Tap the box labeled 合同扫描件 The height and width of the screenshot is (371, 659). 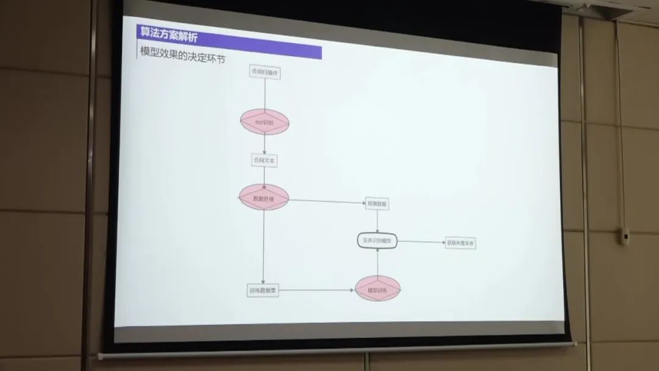click(265, 73)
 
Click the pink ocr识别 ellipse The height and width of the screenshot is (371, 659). click(264, 122)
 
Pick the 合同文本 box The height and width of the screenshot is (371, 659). click(264, 160)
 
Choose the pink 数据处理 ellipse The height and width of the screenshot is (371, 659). click(264, 198)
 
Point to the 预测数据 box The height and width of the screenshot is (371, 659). click(376, 204)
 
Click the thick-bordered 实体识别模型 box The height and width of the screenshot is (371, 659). click(376, 242)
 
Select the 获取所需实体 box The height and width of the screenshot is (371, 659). click(461, 243)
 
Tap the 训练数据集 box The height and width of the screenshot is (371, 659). click(263, 290)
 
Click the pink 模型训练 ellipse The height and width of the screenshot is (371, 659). click(378, 289)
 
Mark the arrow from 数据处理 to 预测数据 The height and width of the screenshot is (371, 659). click(326, 201)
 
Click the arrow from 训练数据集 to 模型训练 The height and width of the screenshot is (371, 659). click(316, 290)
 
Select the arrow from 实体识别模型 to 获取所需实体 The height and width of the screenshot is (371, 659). click(421, 242)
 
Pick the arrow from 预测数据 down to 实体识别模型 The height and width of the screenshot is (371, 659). click(377, 222)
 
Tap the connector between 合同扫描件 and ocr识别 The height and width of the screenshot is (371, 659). click(265, 94)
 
